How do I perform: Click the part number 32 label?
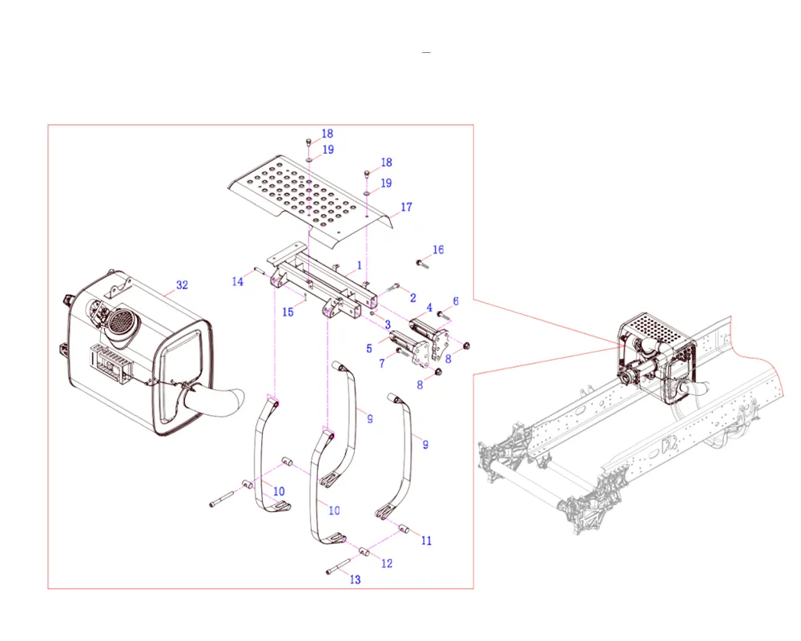pos(182,285)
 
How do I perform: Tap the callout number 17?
pos(406,208)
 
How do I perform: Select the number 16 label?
pos(438,250)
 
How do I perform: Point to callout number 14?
pos(238,281)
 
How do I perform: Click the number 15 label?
pos(288,312)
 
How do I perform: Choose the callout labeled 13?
pos(355,579)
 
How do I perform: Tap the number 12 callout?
pos(387,564)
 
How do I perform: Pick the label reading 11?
pos(426,541)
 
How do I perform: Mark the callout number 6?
pos(456,300)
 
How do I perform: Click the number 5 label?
pos(369,349)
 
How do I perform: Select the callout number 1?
pos(360,264)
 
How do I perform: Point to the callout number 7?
pos(382,364)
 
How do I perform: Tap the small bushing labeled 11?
pos(405,529)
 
